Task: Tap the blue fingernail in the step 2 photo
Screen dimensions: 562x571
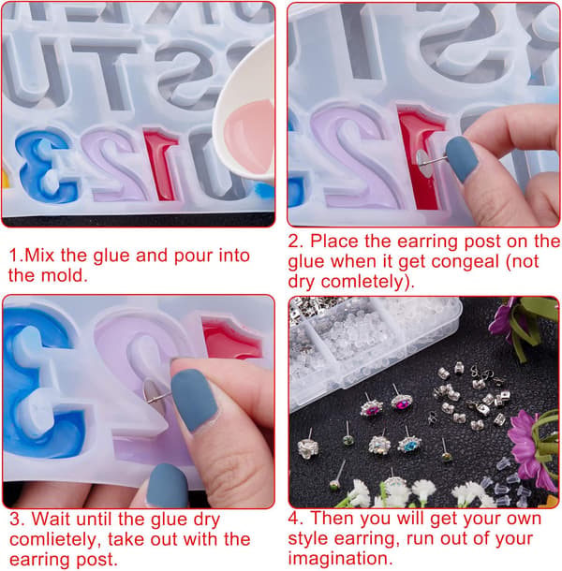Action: coord(462,158)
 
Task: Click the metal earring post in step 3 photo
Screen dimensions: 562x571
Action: coord(156,396)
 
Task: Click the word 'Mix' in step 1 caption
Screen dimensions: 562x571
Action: coord(39,255)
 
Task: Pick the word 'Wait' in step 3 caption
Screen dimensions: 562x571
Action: coord(51,519)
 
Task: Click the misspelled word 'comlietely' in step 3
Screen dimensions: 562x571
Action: coord(55,540)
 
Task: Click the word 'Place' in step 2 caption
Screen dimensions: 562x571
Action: coord(333,242)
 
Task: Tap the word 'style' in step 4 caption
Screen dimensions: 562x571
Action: coord(307,539)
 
